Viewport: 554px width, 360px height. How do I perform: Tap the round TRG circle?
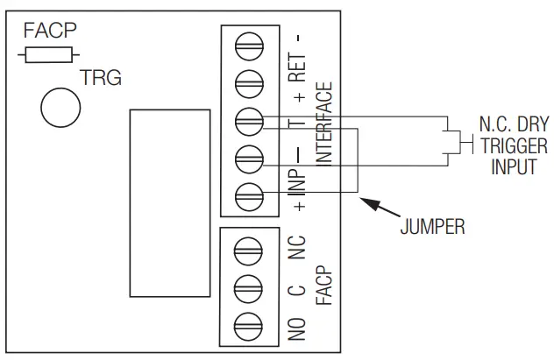click(60, 107)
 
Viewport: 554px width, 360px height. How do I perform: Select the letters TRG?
click(101, 80)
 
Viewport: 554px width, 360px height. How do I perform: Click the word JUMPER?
click(431, 229)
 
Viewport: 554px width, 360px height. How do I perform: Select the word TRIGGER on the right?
click(513, 145)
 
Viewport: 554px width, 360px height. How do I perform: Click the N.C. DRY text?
click(513, 126)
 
